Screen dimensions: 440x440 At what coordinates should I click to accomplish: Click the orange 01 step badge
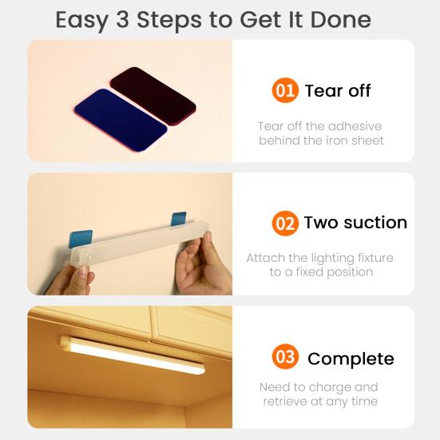point(285,90)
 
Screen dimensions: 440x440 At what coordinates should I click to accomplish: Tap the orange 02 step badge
point(285,223)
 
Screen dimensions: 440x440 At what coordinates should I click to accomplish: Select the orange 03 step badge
point(285,357)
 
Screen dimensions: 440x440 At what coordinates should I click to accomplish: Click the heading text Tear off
point(338,90)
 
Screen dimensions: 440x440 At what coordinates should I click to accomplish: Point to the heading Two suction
point(355,223)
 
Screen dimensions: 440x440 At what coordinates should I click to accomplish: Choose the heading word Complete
point(351,358)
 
